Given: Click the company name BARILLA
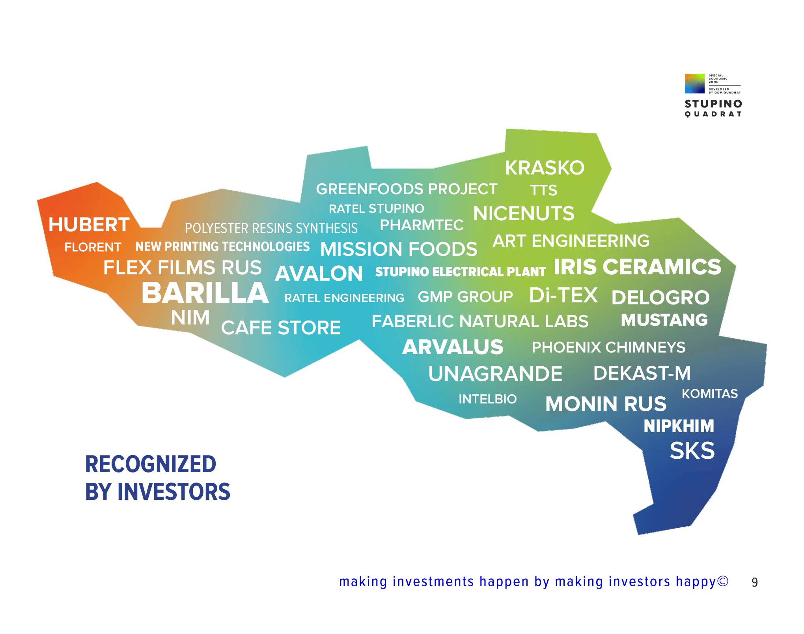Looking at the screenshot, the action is [205, 293].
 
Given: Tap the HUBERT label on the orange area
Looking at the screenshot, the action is [89, 225].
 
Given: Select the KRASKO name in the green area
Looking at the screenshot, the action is [545, 168].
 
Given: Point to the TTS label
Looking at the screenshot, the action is [543, 190].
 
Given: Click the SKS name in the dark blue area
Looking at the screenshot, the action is [692, 450].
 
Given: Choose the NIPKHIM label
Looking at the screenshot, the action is [679, 426].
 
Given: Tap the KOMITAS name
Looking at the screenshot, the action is [710, 394].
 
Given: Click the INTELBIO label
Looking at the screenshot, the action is [487, 399].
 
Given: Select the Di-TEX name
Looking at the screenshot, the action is [563, 295].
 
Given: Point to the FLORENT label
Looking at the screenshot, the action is [93, 247].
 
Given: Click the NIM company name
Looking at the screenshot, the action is [190, 317].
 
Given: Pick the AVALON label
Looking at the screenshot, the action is [319, 273].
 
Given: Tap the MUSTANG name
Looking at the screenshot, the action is [664, 320].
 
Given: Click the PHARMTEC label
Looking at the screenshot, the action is [422, 225].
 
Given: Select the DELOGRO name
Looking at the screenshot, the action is [660, 297].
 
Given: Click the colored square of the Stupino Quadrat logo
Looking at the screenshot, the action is [694, 83].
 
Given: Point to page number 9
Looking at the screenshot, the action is [755, 582].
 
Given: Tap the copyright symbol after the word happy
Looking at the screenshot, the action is [723, 581].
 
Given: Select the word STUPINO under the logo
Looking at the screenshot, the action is [713, 104].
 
